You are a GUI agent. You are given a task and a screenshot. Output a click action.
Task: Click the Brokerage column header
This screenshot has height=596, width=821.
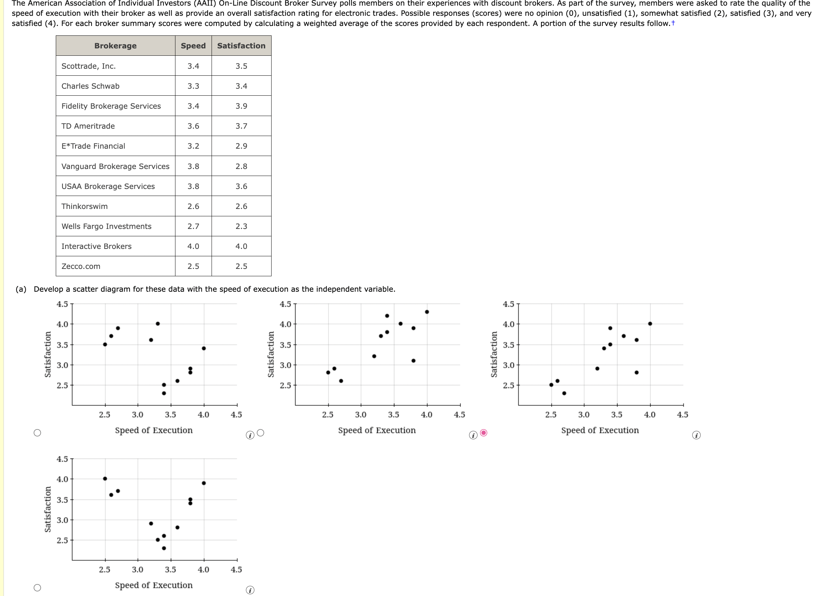(x=115, y=46)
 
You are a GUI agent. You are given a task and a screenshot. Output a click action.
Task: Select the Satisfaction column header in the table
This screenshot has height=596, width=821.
(x=241, y=46)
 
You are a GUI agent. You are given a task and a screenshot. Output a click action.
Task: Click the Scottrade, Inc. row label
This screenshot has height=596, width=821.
(x=89, y=66)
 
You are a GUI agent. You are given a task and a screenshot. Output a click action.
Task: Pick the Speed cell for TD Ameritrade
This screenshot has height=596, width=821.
(x=193, y=126)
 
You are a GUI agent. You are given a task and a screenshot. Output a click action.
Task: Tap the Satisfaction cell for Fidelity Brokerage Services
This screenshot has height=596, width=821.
(x=241, y=106)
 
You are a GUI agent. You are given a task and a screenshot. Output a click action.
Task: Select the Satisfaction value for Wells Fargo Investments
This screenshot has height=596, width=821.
(x=241, y=226)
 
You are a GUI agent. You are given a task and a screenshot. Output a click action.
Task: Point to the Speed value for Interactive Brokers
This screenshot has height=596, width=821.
(x=193, y=246)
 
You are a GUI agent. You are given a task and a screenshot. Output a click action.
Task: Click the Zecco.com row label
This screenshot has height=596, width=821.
(x=81, y=266)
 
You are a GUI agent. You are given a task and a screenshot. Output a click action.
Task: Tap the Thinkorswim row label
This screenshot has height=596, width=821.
(x=84, y=206)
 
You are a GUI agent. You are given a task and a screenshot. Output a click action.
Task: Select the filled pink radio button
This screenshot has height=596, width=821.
(x=483, y=433)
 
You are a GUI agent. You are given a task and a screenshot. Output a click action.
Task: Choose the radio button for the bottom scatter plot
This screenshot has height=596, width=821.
(x=37, y=588)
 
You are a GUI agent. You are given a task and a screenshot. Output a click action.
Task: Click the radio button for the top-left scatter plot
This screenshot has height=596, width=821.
(x=37, y=433)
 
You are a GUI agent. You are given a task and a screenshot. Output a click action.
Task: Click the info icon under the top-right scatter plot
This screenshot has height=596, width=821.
(x=696, y=435)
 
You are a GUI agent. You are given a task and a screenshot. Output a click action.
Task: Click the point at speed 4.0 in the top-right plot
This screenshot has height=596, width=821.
(x=650, y=324)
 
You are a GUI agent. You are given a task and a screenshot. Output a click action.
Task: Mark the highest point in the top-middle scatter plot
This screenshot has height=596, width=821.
(x=427, y=312)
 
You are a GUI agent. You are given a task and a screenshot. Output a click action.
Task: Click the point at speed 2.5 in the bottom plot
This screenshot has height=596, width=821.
(x=105, y=479)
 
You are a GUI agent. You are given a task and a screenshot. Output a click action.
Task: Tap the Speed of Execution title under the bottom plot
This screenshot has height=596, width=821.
(x=153, y=585)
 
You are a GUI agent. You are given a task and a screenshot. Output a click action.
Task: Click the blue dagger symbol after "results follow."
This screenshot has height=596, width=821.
(x=673, y=23)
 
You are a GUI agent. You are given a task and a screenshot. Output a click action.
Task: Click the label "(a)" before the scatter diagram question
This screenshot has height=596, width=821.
(x=21, y=289)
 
